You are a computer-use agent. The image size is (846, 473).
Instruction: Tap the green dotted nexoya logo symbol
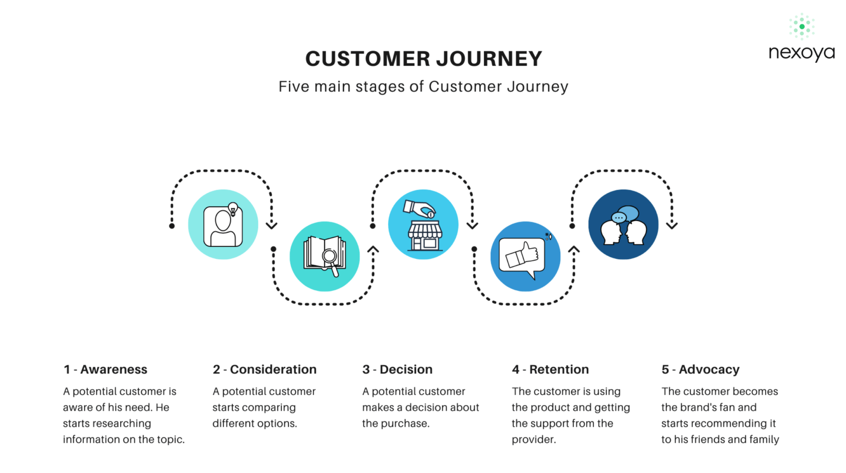(802, 26)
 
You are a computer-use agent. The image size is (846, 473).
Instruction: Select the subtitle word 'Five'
(293, 87)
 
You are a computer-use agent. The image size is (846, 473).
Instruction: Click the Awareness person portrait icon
(223, 226)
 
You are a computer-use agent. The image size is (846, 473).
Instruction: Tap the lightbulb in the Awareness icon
(233, 209)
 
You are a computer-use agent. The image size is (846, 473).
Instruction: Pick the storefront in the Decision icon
(425, 236)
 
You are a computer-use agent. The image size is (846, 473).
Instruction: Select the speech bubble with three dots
(618, 218)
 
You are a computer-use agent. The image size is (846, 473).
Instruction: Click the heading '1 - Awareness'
(105, 369)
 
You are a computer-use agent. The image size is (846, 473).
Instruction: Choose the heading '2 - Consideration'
(265, 369)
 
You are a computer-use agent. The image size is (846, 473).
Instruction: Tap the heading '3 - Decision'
(397, 369)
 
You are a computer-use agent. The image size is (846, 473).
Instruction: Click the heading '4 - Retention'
(550, 369)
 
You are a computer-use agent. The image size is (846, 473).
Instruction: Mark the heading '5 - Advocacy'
(701, 370)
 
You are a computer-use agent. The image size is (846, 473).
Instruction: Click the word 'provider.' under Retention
(534, 440)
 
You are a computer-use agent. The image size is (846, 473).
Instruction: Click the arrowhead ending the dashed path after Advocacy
(672, 225)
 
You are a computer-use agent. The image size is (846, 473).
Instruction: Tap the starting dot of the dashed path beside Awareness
(172, 226)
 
